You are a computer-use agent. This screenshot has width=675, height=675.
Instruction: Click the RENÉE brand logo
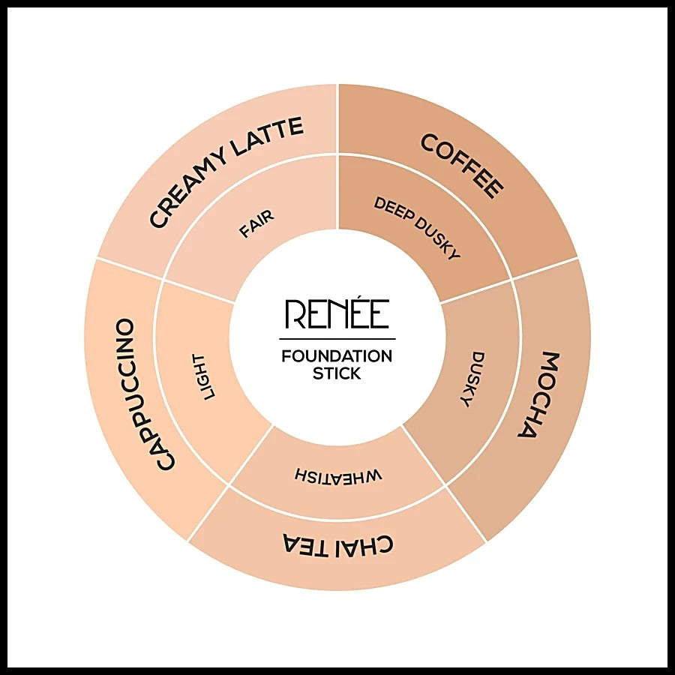tap(337, 313)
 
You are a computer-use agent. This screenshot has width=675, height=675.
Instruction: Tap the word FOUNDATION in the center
tap(337, 356)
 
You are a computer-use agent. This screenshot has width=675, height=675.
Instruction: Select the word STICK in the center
tap(337, 373)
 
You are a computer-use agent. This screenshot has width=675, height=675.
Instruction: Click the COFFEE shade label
tap(462, 166)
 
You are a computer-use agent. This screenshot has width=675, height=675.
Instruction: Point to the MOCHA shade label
tap(534, 394)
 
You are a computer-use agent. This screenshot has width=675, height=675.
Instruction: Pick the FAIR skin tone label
tap(256, 223)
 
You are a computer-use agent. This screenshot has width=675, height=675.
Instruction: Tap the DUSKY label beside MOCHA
tap(472, 379)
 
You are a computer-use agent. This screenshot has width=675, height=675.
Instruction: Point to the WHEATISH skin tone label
tap(338, 475)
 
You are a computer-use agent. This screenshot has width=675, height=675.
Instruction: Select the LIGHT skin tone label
tap(203, 376)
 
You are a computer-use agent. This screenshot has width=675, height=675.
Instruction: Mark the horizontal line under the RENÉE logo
tap(337, 339)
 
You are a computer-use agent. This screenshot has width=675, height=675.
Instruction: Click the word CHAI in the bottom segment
tap(363, 544)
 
